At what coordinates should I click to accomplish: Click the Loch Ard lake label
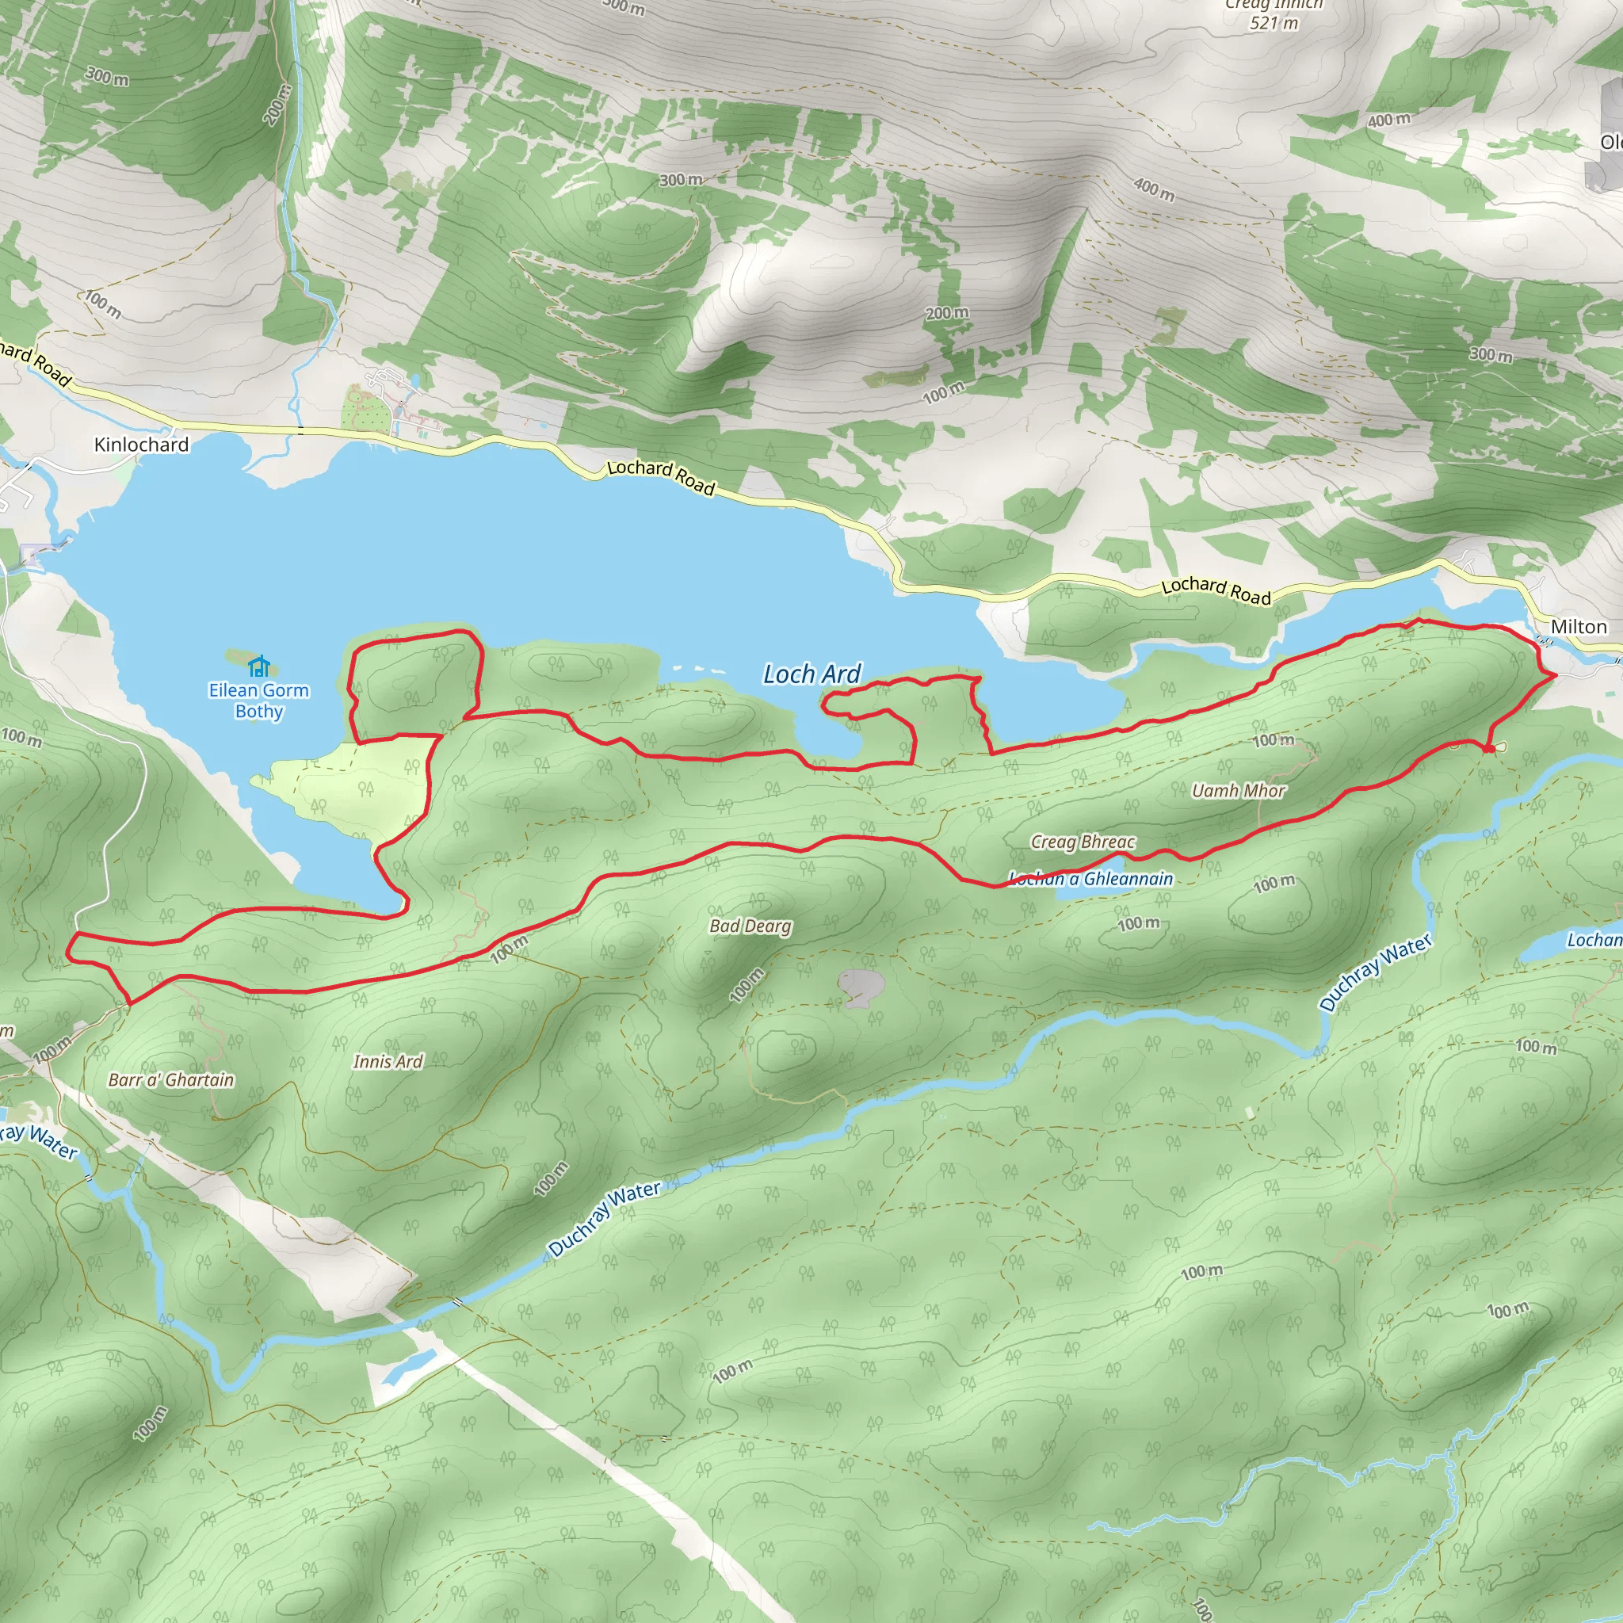pyautogui.click(x=811, y=674)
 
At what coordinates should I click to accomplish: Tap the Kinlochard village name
pyautogui.click(x=141, y=445)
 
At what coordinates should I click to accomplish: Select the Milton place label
pyautogui.click(x=1579, y=627)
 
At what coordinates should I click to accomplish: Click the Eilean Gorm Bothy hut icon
pyautogui.click(x=258, y=666)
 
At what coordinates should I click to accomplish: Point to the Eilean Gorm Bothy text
pyautogui.click(x=258, y=701)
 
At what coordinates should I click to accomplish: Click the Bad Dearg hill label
pyautogui.click(x=750, y=926)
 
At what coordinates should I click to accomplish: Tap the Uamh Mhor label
pyautogui.click(x=1239, y=790)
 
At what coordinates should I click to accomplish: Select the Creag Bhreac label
pyautogui.click(x=1083, y=842)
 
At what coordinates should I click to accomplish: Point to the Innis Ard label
pyautogui.click(x=388, y=1062)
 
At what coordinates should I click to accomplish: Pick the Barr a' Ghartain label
pyautogui.click(x=171, y=1080)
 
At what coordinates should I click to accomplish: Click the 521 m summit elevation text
pyautogui.click(x=1274, y=24)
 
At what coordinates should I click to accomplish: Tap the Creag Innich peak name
pyautogui.click(x=1274, y=5)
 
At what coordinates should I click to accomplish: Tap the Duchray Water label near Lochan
pyautogui.click(x=1375, y=973)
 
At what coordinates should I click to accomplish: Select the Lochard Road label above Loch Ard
pyautogui.click(x=660, y=477)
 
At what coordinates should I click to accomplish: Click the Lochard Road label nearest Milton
pyautogui.click(x=1216, y=590)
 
